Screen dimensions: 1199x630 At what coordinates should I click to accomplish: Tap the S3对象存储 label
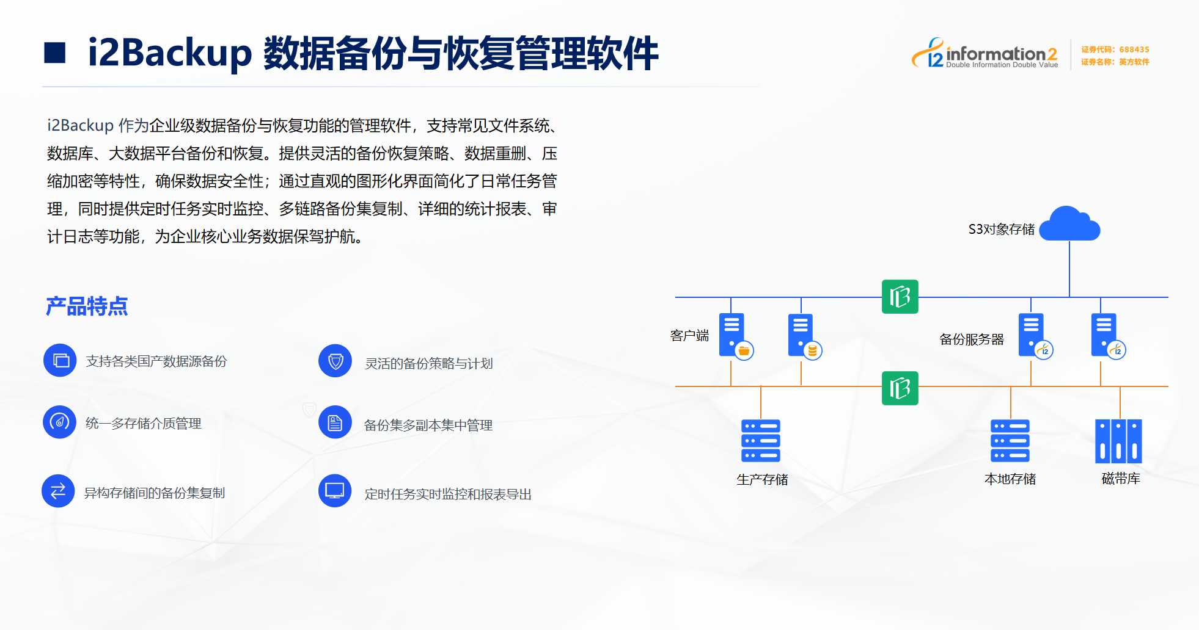pos(1001,230)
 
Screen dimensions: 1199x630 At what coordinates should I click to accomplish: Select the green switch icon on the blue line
pos(900,297)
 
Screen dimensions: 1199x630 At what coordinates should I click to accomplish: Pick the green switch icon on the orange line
pos(900,388)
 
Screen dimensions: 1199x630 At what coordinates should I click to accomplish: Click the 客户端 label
pos(689,336)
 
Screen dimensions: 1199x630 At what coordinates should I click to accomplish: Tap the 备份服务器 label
pos(972,339)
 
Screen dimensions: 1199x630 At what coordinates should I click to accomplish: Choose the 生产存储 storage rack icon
pos(761,440)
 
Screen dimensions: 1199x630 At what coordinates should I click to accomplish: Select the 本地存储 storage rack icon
pos(1010,440)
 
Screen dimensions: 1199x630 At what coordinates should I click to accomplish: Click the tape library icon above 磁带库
pos(1118,441)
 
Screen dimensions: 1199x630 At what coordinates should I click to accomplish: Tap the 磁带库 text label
pos(1121,479)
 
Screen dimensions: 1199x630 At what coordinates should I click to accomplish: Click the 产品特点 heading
pos(87,306)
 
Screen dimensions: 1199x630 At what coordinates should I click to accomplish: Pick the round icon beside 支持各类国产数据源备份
pos(60,360)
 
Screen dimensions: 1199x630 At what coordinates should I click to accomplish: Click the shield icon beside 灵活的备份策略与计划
pos(335,361)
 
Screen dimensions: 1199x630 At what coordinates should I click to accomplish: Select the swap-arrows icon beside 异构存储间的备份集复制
pos(58,491)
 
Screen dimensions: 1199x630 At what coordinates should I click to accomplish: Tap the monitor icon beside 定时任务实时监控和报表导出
pos(335,491)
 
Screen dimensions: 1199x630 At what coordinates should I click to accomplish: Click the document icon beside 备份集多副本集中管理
pos(335,422)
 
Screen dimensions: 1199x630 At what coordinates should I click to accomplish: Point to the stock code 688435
pos(1134,49)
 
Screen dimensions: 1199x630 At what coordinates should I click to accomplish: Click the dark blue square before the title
pos(55,52)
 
